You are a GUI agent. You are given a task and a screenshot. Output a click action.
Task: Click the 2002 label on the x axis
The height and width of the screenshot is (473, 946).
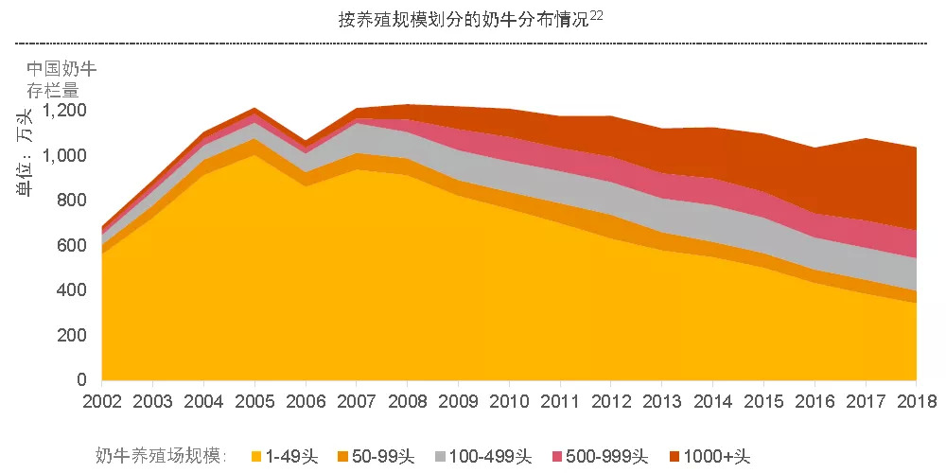pyautogui.click(x=103, y=400)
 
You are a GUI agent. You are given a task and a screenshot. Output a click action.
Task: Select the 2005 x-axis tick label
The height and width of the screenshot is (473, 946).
pyautogui.click(x=255, y=400)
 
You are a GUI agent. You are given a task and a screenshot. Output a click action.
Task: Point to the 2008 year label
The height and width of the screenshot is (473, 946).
pyautogui.click(x=408, y=400)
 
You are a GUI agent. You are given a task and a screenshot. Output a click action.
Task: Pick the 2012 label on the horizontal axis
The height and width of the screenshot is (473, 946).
pyautogui.click(x=611, y=400)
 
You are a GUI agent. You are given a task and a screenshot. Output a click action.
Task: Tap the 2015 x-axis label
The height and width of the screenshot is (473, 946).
pyautogui.click(x=764, y=400)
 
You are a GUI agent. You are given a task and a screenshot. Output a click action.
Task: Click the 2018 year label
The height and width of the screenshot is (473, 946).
pyautogui.click(x=916, y=400)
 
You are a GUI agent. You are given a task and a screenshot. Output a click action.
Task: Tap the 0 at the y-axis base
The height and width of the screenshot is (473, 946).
pyautogui.click(x=82, y=380)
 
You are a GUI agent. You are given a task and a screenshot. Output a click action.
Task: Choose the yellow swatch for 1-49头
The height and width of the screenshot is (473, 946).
pyautogui.click(x=255, y=457)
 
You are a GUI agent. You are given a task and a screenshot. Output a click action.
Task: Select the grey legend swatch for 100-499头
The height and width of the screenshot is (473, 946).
pyautogui.click(x=437, y=457)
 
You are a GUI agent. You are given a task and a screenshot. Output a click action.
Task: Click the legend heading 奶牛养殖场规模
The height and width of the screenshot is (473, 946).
pyautogui.click(x=161, y=457)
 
